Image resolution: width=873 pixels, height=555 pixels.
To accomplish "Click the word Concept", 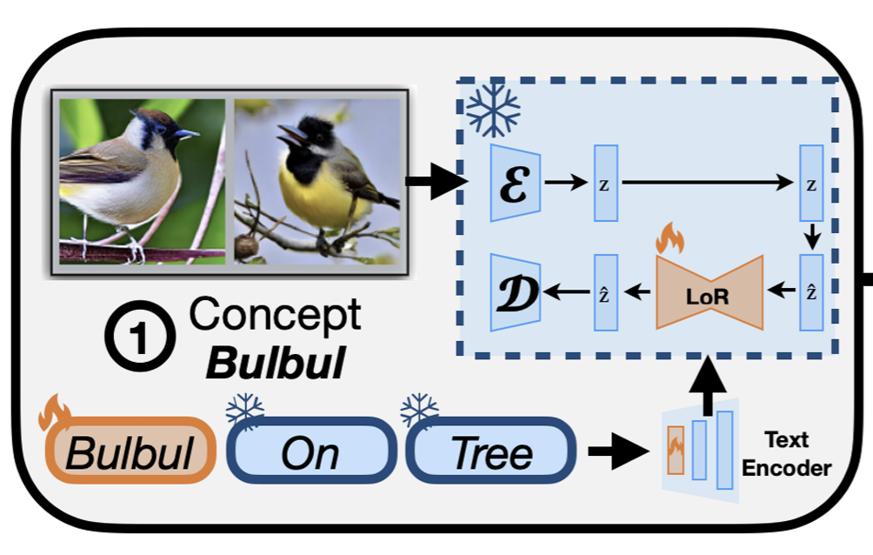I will point(275,315).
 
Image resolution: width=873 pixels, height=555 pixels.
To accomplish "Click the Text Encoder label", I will point(798,453).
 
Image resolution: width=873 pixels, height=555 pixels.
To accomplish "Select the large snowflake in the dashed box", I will point(493,110).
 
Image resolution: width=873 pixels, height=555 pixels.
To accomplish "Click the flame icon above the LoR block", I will point(670,237).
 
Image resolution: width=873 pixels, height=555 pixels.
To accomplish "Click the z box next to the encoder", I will point(606,183).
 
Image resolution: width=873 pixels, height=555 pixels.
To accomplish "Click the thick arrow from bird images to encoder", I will point(436,182).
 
